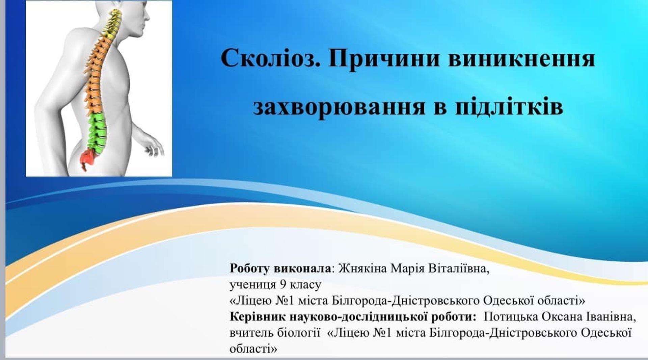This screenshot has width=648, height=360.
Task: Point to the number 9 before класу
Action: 283,285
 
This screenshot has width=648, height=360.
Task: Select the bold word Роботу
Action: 250,269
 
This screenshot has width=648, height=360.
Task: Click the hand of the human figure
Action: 153,147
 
